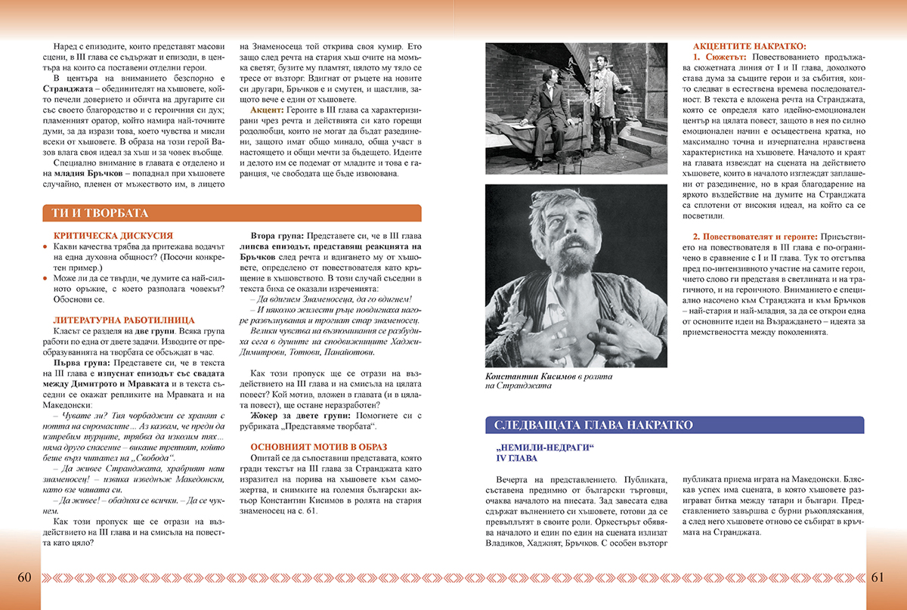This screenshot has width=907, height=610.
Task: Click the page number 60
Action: click(x=23, y=577)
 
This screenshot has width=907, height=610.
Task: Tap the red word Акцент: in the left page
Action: click(x=268, y=131)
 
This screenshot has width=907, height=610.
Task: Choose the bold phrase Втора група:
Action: click(x=277, y=236)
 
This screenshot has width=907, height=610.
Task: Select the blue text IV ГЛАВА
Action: click(x=518, y=459)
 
